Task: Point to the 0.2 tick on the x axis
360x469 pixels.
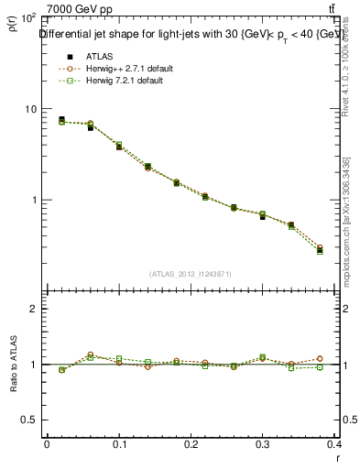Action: pyautogui.click(x=191, y=443)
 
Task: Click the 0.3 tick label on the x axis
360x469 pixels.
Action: pyautogui.click(x=264, y=443)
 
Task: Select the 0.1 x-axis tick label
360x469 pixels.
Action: pyautogui.click(x=119, y=443)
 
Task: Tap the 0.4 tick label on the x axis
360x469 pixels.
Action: pyautogui.click(x=336, y=443)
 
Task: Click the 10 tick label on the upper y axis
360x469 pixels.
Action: pyautogui.click(x=30, y=109)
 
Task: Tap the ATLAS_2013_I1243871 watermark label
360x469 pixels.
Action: pyautogui.click(x=191, y=274)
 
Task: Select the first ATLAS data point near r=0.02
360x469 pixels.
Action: pyautogui.click(x=61, y=120)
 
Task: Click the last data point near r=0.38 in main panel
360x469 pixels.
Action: pyautogui.click(x=320, y=250)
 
